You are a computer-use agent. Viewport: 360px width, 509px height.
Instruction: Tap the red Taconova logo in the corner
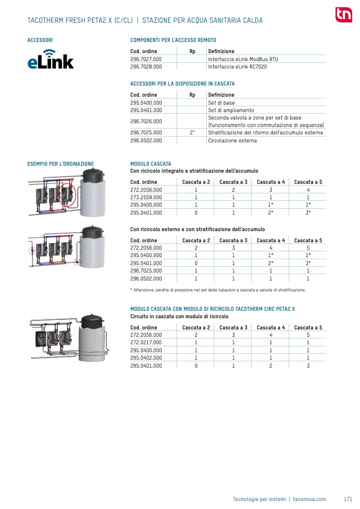pos(344,15)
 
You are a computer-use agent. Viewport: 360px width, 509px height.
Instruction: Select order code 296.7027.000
pos(146,59)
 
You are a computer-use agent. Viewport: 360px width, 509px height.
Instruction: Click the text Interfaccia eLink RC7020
pos(237,67)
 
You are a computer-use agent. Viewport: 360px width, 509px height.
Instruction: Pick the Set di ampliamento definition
pos(231,110)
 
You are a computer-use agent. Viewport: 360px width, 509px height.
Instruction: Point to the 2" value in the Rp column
pos(192,133)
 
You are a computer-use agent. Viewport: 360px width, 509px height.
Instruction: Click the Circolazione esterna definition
pos(232,141)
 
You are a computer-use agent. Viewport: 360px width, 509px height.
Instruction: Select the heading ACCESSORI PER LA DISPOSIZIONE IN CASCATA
pos(182,84)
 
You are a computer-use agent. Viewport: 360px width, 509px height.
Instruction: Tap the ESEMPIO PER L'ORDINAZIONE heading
pos(60,164)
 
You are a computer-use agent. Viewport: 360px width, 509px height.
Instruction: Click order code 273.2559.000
pos(146,197)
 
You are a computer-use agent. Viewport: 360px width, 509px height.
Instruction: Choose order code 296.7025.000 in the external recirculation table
pos(146,270)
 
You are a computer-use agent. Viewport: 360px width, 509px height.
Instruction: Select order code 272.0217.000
pos(146,343)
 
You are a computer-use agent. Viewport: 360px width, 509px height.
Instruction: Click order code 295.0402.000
pos(146,358)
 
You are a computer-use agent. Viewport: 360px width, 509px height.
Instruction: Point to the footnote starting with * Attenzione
pos(218,290)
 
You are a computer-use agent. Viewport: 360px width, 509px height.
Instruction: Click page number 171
pos(348,499)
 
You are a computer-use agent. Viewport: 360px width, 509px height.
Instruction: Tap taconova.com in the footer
pos(309,499)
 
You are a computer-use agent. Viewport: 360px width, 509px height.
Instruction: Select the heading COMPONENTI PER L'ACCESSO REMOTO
pos(173,40)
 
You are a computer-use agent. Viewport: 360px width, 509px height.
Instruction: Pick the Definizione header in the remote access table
pos(221,51)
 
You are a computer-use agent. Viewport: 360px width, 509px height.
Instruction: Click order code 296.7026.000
pos(146,121)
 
